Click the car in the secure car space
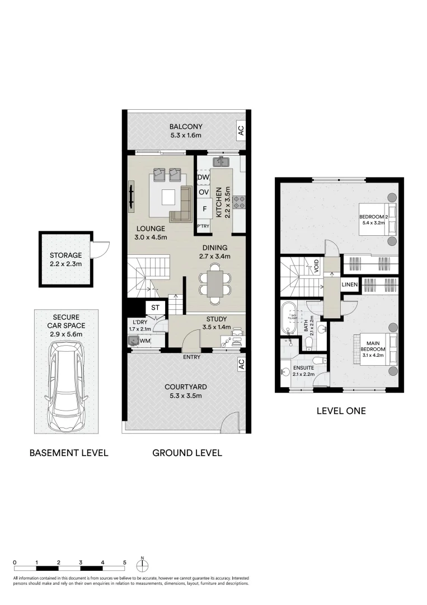(x=66, y=386)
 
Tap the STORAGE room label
(x=65, y=255)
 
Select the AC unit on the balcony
(x=241, y=131)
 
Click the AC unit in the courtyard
(x=241, y=364)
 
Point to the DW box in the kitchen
(x=203, y=178)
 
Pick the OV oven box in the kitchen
(x=203, y=193)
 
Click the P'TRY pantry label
(x=203, y=226)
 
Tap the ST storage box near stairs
(x=155, y=307)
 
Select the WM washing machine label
(x=145, y=341)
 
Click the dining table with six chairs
(x=214, y=283)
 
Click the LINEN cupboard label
(x=350, y=285)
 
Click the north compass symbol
(x=143, y=564)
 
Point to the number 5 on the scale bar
(x=125, y=561)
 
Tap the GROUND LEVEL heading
(x=187, y=453)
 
